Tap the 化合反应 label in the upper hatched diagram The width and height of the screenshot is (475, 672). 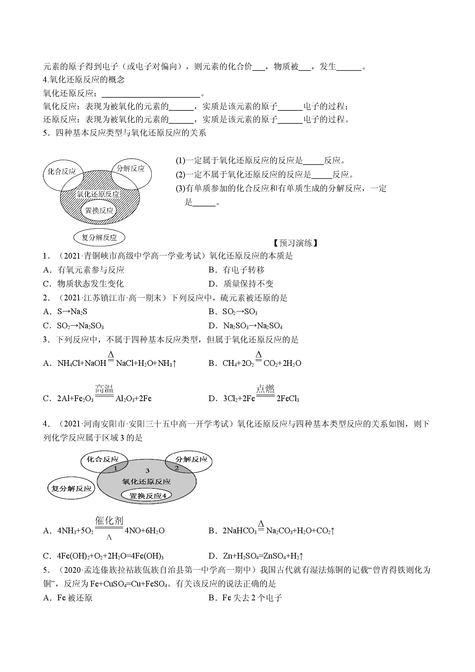tap(62, 172)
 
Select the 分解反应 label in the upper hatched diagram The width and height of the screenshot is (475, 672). tap(131, 169)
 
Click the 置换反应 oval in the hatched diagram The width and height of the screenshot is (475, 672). tap(99, 210)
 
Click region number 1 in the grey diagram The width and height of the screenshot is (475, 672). tap(115, 468)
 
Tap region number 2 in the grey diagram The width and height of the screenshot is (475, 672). tap(177, 468)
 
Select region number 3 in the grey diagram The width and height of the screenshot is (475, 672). tap(147, 470)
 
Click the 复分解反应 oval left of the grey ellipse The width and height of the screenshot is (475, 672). tap(71, 488)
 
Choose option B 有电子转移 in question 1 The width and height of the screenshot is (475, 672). tap(236, 270)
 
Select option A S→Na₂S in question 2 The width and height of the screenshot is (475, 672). tap(66, 312)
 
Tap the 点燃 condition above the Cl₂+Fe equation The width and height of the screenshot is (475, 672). tap(265, 389)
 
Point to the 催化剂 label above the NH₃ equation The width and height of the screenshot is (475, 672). tap(109, 521)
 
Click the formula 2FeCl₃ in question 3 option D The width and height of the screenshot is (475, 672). tap(288, 398)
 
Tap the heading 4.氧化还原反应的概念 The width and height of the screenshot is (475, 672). tap(84, 80)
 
